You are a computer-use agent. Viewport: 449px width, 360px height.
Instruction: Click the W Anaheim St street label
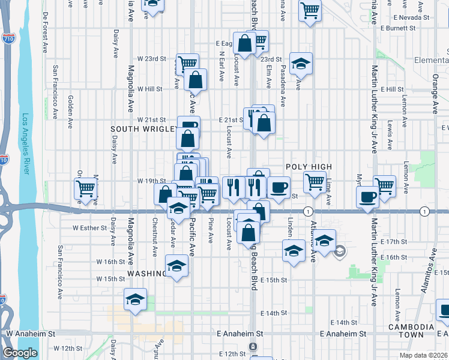(30, 333)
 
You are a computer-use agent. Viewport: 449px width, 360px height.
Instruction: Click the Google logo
(20, 353)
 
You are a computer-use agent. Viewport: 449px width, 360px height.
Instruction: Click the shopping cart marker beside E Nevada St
(310, 9)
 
